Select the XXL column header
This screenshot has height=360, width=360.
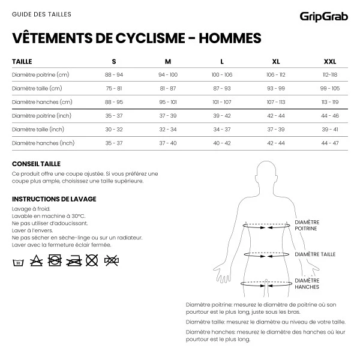330,61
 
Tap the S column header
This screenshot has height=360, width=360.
114,61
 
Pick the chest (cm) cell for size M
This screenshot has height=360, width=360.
168,74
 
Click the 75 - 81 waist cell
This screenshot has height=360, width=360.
114,88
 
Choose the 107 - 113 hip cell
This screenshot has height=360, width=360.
276,102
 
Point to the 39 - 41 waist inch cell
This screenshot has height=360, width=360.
330,129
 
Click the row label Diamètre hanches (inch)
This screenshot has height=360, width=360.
43,143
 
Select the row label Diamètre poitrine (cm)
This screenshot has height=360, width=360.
41,74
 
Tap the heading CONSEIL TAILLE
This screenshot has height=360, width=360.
36,164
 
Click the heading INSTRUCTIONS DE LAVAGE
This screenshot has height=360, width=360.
54,199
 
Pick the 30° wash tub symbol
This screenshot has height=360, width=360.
19,260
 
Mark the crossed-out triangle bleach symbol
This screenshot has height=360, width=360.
37,260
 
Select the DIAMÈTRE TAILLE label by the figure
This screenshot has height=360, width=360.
314,254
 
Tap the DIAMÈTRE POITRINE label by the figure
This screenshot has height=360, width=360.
306,225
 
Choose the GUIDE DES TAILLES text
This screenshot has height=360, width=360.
37,13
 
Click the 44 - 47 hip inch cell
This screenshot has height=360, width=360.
330,143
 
